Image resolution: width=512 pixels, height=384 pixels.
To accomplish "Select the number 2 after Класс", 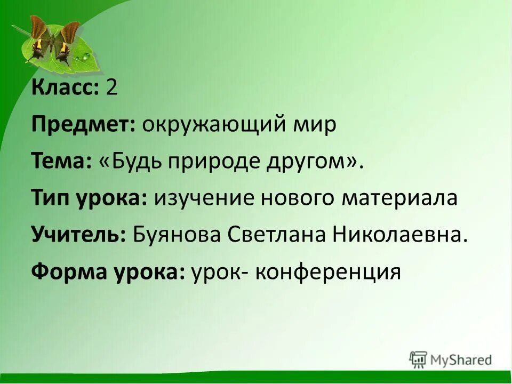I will tap(111, 87).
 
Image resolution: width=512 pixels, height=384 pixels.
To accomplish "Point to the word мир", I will tap(317, 125).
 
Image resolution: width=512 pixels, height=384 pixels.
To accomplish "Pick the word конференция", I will tap(327, 272).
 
